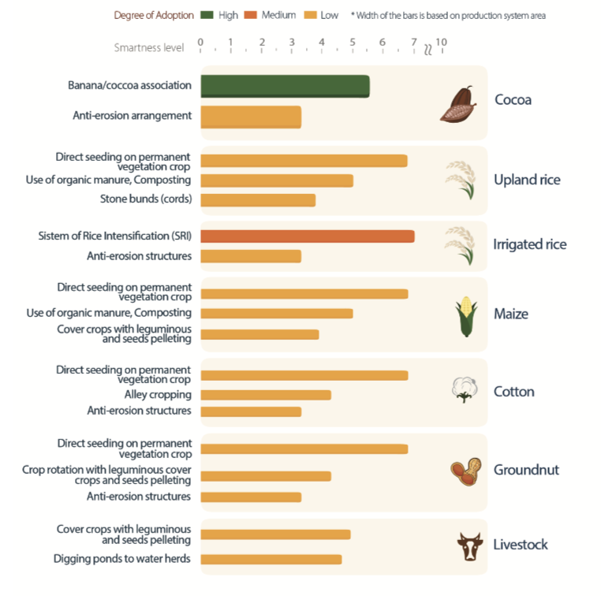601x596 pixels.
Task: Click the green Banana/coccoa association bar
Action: coord(284,86)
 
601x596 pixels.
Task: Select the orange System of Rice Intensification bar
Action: coord(307,237)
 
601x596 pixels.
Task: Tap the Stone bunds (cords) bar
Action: coord(258,199)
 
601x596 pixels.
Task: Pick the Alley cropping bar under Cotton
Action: coord(265,395)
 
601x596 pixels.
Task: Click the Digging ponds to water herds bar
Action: coord(271,559)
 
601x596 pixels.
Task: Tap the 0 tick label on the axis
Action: coord(200,41)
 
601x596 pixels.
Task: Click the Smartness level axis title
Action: coord(149,47)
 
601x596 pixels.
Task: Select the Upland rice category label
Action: coord(527,180)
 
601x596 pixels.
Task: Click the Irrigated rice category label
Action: coord(529,244)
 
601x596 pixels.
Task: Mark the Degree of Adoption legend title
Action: coord(150,15)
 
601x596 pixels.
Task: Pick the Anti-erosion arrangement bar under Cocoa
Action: coord(251,117)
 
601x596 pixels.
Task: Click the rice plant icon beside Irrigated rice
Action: coord(461,245)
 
